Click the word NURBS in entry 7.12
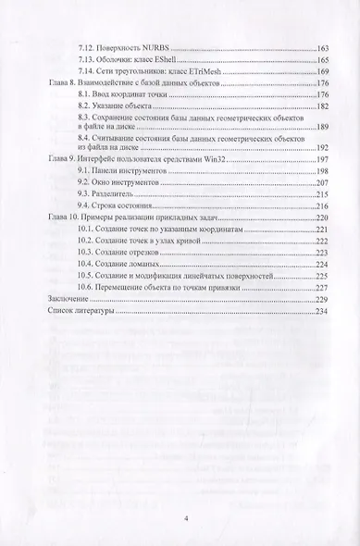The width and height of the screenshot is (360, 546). [x=159, y=46]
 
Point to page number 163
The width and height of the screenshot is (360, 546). [x=322, y=46]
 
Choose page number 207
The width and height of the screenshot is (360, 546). [x=322, y=184]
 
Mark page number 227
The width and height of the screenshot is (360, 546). [x=322, y=287]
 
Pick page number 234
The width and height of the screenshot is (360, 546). [x=322, y=313]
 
